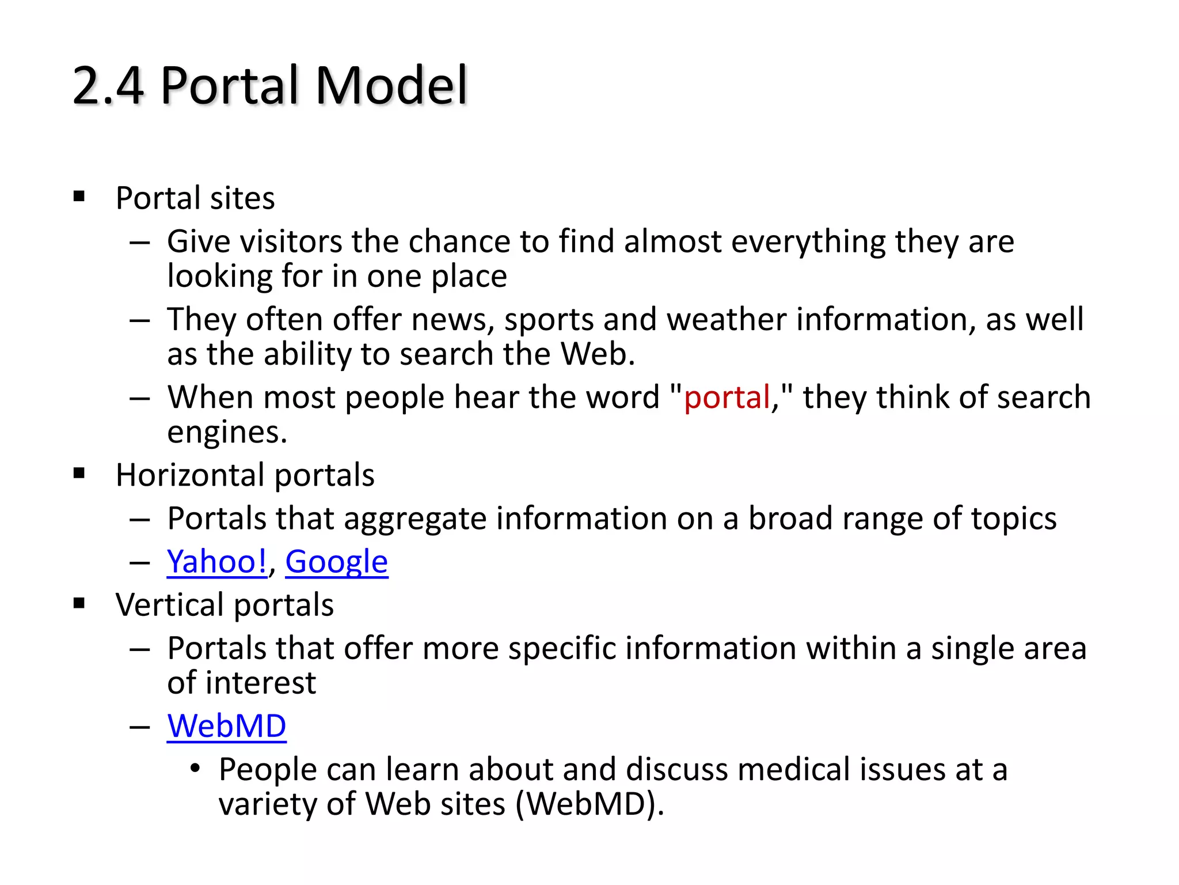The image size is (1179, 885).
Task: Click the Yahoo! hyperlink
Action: pyautogui.click(x=216, y=562)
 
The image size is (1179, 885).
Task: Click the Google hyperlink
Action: pyautogui.click(x=336, y=562)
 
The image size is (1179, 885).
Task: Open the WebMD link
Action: pyautogui.click(x=226, y=726)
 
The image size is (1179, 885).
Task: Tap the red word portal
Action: pyautogui.click(x=727, y=398)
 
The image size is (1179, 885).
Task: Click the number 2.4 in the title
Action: pyautogui.click(x=108, y=85)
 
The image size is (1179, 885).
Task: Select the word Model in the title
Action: pyautogui.click(x=391, y=85)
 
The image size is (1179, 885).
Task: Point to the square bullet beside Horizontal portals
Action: pyautogui.click(x=79, y=474)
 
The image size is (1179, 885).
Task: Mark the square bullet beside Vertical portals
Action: pyautogui.click(x=79, y=604)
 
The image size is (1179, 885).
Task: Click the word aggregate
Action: pyautogui.click(x=414, y=519)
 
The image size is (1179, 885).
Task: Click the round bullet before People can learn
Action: pyautogui.click(x=196, y=769)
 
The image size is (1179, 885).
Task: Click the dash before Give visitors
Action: pyautogui.click(x=139, y=243)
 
